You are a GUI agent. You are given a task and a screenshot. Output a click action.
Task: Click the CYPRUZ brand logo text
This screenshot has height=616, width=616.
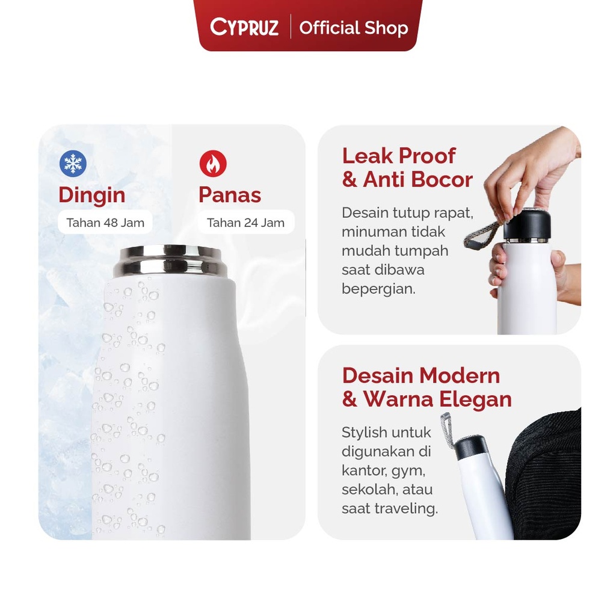click(244, 28)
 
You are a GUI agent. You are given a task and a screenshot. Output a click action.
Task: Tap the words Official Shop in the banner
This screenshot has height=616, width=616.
click(354, 28)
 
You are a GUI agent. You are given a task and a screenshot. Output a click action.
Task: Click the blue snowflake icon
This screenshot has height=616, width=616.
click(73, 164)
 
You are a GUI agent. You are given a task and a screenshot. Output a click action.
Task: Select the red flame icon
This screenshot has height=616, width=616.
click(213, 164)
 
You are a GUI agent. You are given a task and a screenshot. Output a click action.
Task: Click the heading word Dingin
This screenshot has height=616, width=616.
click(91, 195)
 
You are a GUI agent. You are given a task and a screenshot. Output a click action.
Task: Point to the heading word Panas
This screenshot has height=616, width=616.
click(230, 195)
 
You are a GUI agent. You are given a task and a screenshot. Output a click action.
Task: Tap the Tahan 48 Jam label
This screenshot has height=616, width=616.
click(105, 223)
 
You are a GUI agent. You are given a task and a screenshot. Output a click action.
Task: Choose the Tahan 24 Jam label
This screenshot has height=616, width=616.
click(245, 223)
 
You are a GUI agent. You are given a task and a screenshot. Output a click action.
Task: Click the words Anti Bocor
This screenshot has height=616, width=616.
click(417, 179)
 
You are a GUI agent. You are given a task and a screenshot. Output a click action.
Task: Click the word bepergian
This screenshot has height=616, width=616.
click(378, 288)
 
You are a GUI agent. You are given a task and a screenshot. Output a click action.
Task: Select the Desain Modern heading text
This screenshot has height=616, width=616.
click(421, 375)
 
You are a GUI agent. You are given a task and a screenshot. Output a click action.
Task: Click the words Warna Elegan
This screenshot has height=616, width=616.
click(437, 399)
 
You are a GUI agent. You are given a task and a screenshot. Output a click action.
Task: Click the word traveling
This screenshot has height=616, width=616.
click(407, 508)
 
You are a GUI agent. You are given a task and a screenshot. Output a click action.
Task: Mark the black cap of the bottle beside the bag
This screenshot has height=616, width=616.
click(470, 447)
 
